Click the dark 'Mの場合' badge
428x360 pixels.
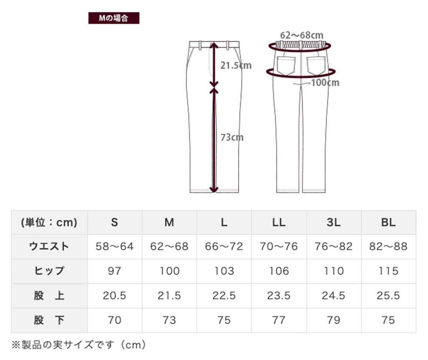click(114, 18)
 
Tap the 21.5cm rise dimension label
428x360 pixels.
click(236, 65)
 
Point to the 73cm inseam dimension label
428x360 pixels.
click(232, 137)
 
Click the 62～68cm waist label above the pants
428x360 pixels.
click(302, 35)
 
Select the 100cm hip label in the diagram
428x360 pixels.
click(325, 82)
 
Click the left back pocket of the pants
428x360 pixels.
click(286, 66)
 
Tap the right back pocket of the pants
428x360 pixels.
click(316, 66)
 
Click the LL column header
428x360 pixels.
click(279, 223)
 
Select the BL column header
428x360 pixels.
click(388, 223)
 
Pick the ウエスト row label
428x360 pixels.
click(49, 247)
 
